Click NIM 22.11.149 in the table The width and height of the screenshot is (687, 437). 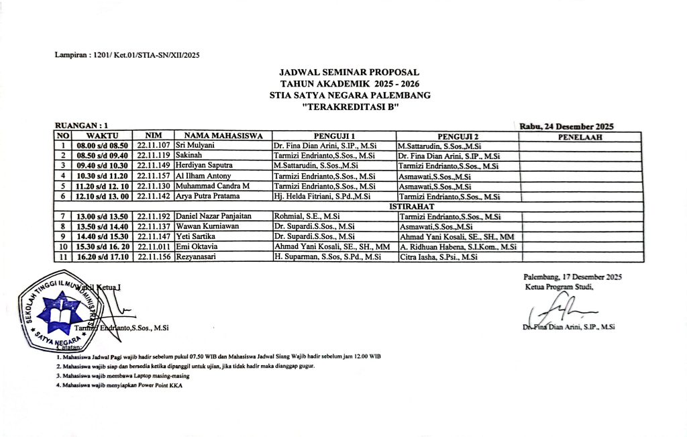click(154, 165)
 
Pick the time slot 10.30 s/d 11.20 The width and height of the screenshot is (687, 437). click(102, 176)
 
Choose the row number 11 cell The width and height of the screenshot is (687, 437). click(62, 257)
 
